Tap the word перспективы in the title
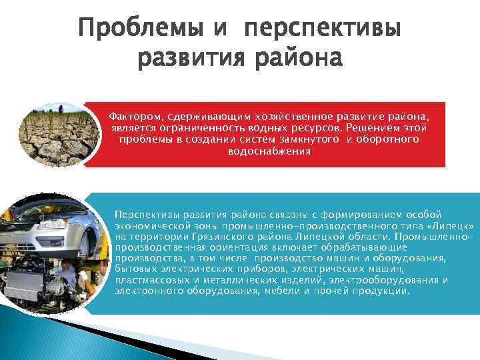(323, 31)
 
